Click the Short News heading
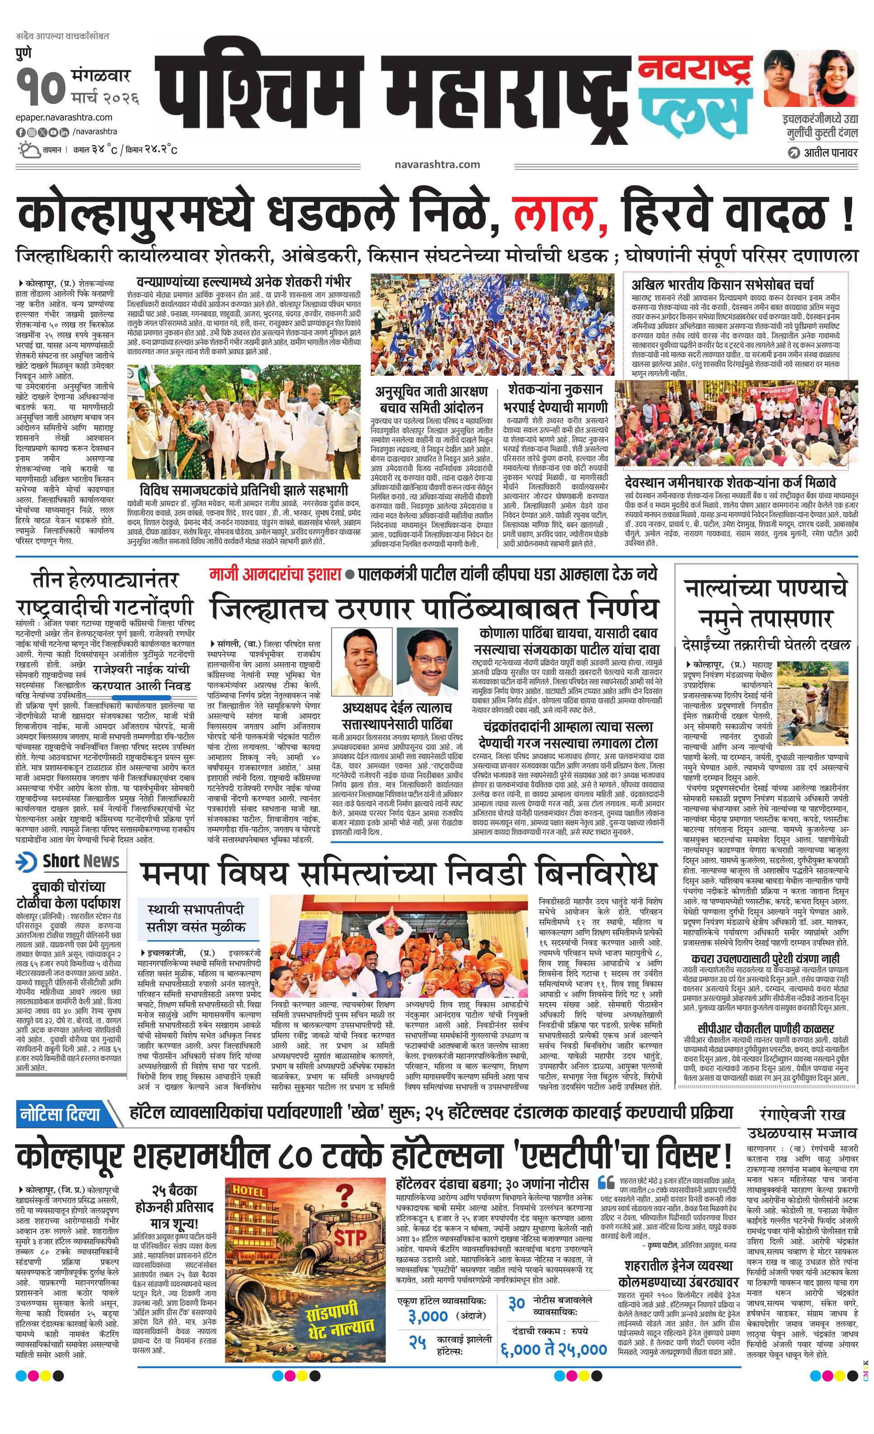81,861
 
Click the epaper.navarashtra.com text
64,118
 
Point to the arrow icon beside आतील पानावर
793,153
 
